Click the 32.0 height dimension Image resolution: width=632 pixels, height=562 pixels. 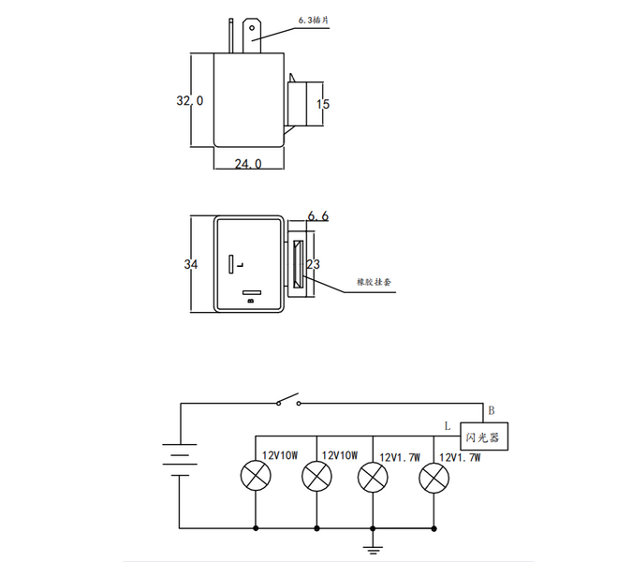190,100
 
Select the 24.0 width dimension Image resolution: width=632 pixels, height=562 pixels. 247,164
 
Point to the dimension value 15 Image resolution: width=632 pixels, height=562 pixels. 323,104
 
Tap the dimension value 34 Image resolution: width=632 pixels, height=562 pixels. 191,265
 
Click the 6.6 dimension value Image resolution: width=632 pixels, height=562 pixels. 317,216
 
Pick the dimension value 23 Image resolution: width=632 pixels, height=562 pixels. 314,265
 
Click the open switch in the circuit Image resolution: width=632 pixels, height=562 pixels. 288,403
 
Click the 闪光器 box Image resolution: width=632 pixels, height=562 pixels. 483,436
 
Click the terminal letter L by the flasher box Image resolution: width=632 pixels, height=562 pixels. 448,425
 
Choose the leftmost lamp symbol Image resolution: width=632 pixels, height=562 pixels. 257,478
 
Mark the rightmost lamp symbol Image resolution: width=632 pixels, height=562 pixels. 433,478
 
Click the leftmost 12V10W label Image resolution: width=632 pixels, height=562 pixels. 279,456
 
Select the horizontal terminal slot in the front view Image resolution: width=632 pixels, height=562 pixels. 249,293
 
